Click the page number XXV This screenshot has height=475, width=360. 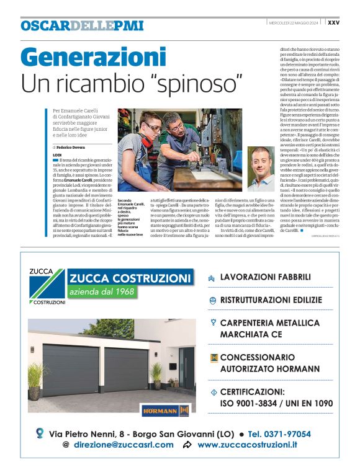click(333, 23)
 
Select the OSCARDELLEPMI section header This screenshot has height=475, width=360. click(82, 25)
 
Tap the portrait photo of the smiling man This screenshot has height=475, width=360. click(261, 168)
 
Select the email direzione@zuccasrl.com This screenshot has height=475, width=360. click(124, 445)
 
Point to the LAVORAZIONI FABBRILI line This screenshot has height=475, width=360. click(265, 277)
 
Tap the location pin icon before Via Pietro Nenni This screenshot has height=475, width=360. click(40, 433)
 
